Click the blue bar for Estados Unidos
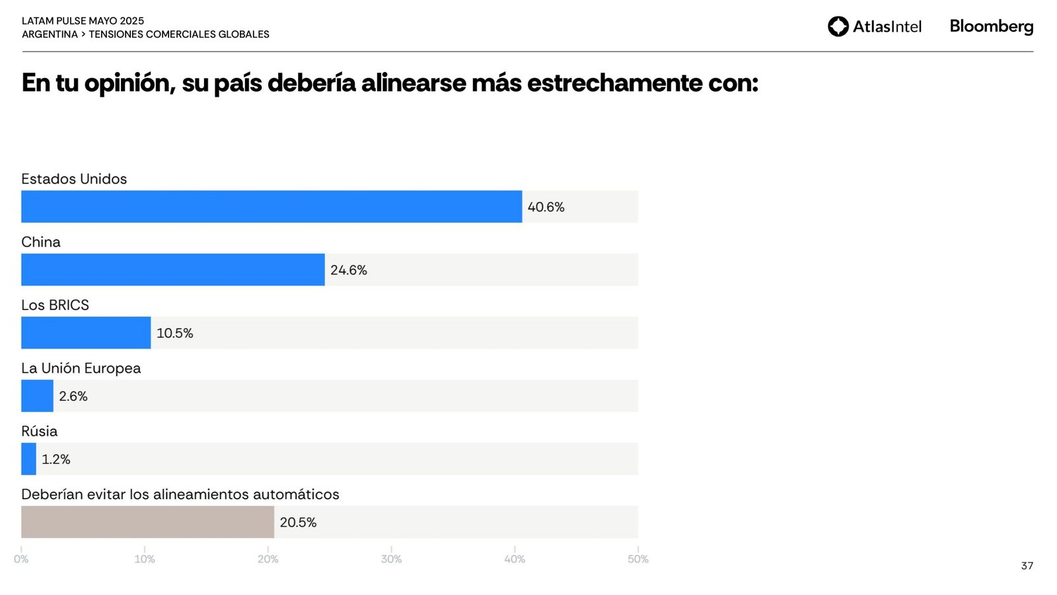click(x=272, y=207)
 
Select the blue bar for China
click(x=173, y=270)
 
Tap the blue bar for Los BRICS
click(x=86, y=333)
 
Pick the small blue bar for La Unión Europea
click(x=37, y=396)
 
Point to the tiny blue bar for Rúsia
click(x=28, y=459)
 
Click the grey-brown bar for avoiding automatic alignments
click(x=147, y=522)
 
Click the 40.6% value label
click(x=546, y=207)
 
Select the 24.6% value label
click(x=349, y=270)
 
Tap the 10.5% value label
click(x=174, y=333)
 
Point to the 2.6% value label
click(x=73, y=396)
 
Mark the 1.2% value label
click(x=56, y=459)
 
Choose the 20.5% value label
click(x=298, y=522)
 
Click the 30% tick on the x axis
click(x=391, y=559)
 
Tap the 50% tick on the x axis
click(x=638, y=559)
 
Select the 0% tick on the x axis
click(x=21, y=559)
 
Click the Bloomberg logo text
click(x=991, y=26)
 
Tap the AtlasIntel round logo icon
click(x=838, y=26)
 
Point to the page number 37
click(x=1027, y=566)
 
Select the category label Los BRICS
click(x=55, y=305)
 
